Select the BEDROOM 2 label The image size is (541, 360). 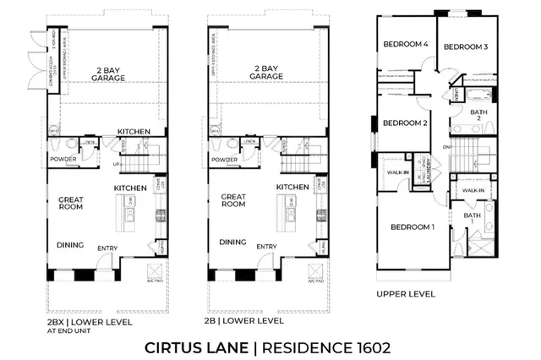(x=405, y=123)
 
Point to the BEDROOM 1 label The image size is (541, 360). (x=413, y=226)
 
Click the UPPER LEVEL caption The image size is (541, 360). (x=407, y=294)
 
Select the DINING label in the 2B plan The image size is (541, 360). (x=232, y=243)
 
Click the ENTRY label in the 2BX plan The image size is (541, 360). (x=107, y=248)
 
